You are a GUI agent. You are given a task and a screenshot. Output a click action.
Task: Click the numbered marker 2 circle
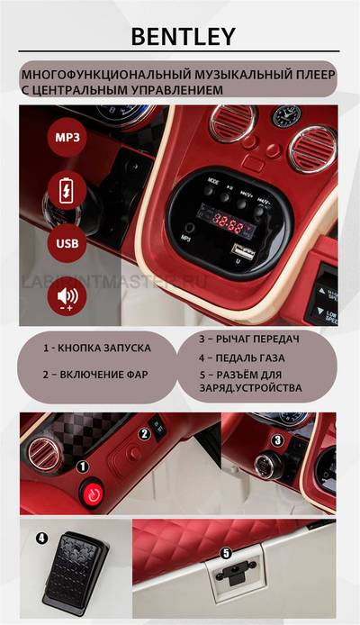point(142,434)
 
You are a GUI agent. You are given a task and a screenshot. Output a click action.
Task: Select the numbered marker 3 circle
point(278,440)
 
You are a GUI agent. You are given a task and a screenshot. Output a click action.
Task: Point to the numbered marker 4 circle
point(41,538)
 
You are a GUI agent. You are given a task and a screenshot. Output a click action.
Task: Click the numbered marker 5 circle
point(227,553)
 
